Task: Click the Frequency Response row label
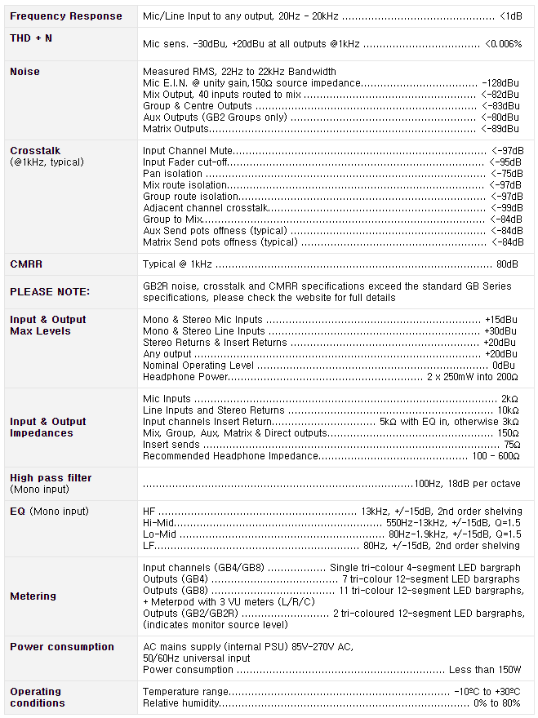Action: tap(66, 16)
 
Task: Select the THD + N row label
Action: tap(31, 38)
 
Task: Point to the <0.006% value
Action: tap(503, 43)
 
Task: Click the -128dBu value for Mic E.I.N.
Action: tap(500, 83)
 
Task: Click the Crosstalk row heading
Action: tap(35, 151)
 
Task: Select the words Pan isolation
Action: tap(172, 174)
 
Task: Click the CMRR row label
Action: tap(26, 264)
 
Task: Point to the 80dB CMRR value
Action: tap(507, 264)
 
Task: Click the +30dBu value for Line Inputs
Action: tap(500, 331)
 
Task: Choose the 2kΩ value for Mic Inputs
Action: tap(509, 399)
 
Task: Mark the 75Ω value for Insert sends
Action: tap(511, 445)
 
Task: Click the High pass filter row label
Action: tap(51, 478)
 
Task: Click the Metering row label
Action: tap(33, 596)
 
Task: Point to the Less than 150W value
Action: tap(485, 670)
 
